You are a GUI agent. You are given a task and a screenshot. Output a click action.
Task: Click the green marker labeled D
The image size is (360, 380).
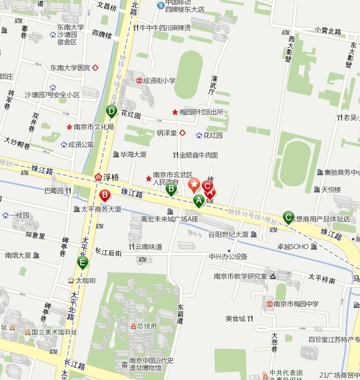pyautogui.click(x=111, y=111)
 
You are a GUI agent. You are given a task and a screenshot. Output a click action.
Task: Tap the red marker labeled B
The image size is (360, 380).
pyautogui.click(x=104, y=196)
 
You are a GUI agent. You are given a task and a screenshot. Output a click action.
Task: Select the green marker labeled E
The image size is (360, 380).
pyautogui.click(x=82, y=262)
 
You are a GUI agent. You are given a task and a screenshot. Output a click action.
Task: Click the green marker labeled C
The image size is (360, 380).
pyautogui.click(x=288, y=216)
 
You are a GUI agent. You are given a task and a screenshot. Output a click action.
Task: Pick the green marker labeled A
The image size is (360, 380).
pyautogui.click(x=198, y=200)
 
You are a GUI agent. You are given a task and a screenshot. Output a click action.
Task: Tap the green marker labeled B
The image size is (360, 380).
pyautogui.click(x=171, y=189)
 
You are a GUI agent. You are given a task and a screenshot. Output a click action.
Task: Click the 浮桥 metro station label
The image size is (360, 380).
pyautogui.click(x=110, y=176)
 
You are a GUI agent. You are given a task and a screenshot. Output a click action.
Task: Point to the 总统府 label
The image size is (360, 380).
pyautogui.click(x=147, y=326)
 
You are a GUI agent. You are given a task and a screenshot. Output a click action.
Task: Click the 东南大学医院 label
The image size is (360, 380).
pyautogui.click(x=70, y=68)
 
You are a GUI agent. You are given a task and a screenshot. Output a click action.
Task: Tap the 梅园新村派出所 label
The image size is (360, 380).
pyautogui.click(x=202, y=113)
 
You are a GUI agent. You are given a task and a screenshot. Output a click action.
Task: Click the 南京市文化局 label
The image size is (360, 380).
pyautogui.click(x=93, y=127)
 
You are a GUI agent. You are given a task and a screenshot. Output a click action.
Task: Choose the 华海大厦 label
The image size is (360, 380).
pyautogui.click(x=133, y=154)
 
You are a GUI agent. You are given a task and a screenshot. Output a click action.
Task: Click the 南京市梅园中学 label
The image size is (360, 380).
pyautogui.click(x=296, y=304)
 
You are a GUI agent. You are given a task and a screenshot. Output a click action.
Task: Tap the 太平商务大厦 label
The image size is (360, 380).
pyautogui.click(x=101, y=209)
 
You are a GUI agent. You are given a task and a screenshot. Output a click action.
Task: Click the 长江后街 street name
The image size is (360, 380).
pyautogui.click(x=109, y=252)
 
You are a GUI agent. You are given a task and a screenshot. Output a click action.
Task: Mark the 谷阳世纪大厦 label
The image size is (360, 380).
pyautogui.click(x=228, y=234)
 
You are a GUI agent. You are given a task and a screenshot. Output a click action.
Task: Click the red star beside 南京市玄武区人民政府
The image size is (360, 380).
pyautogui.click(x=148, y=178)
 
